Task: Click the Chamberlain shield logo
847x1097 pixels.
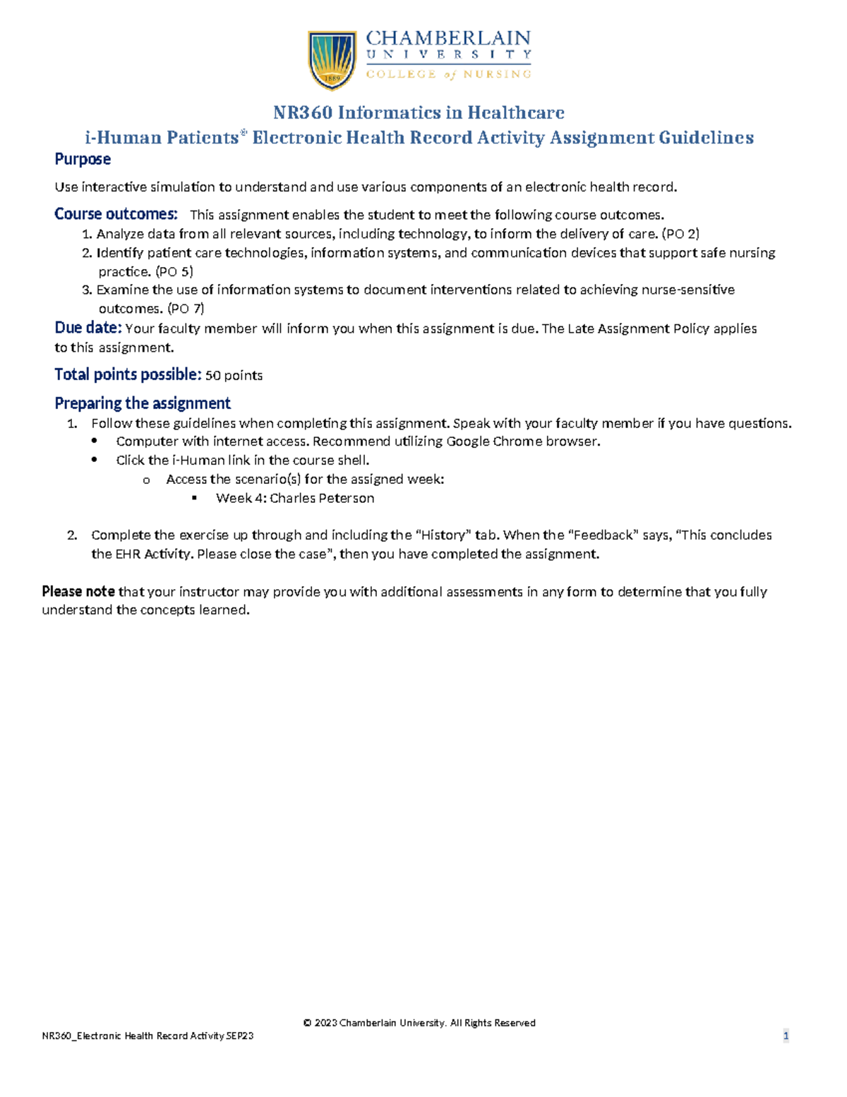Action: [x=332, y=59]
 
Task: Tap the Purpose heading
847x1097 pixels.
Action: [x=83, y=160]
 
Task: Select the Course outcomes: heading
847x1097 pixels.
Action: [x=116, y=214]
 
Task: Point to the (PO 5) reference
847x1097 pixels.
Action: [x=174, y=271]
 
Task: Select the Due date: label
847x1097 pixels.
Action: [x=88, y=328]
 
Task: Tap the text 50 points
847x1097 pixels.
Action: [x=234, y=375]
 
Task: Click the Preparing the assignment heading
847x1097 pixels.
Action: [x=143, y=403]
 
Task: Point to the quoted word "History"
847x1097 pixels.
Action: [x=443, y=535]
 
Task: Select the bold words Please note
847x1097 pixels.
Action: [x=78, y=591]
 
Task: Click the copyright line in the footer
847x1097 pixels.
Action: [x=419, y=1023]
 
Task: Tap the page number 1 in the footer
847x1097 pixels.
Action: [x=786, y=1036]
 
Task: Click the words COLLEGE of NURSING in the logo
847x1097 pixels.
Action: [x=448, y=74]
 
